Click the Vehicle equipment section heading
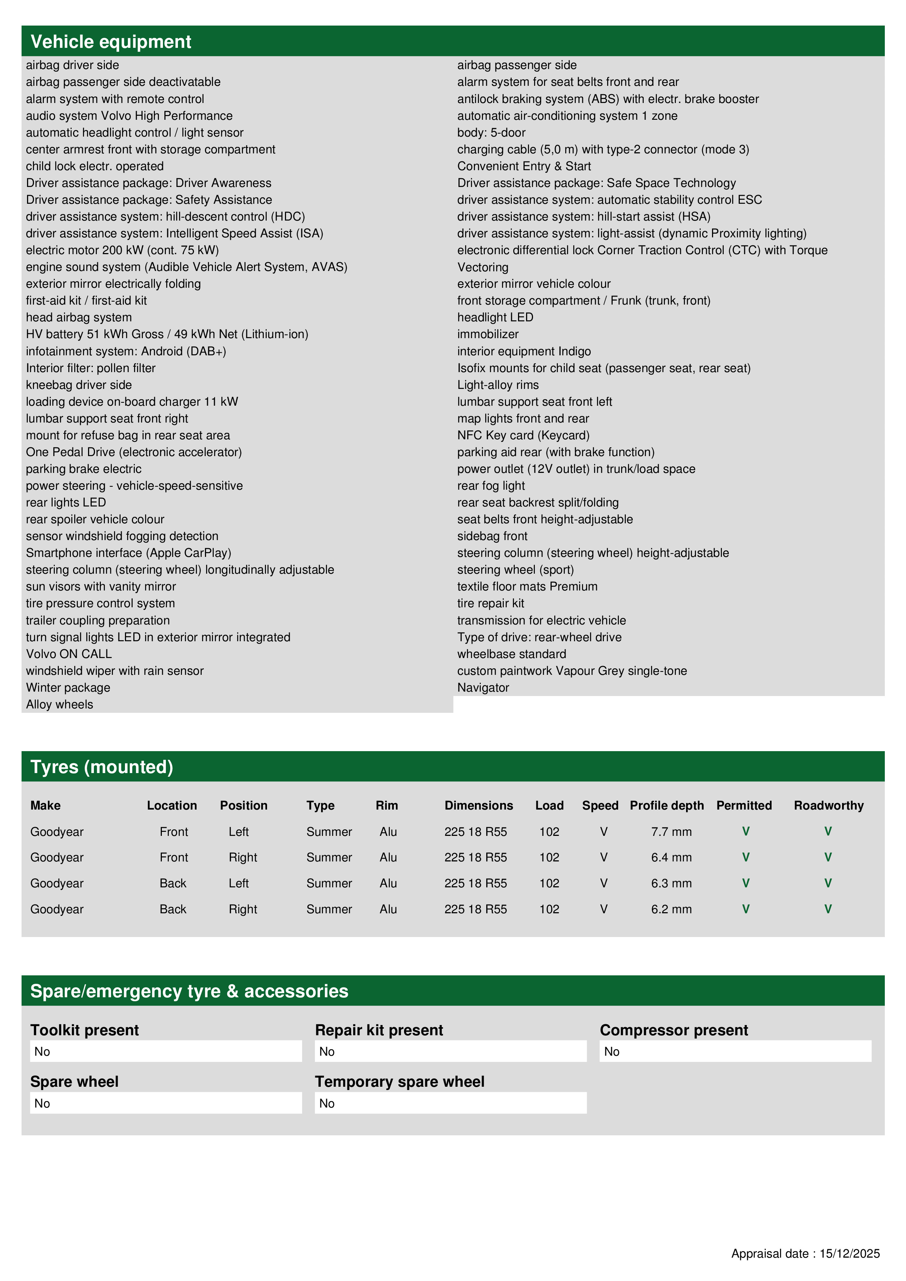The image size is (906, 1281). pos(111,42)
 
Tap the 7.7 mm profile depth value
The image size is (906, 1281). pos(671,831)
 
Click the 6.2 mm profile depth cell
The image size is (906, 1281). pos(671,909)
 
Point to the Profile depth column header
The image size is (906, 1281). pos(666,805)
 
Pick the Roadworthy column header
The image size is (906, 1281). pos(829,805)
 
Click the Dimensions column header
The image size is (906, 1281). pos(479,805)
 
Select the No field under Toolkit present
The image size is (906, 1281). pos(166,1051)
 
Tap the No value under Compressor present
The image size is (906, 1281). pos(735,1051)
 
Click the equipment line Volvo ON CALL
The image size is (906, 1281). pos(69,654)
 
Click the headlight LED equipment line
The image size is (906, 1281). pos(495,317)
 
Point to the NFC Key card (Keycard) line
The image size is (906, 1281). pos(523,435)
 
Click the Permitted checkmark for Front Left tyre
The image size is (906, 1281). pos(745,831)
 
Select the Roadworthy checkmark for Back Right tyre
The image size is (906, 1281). pos(828,909)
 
